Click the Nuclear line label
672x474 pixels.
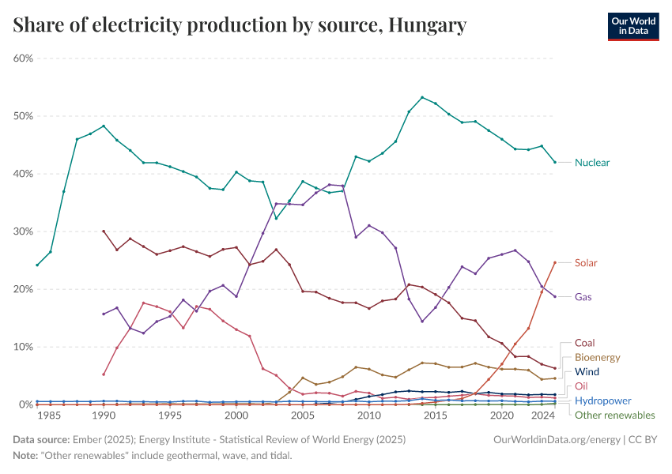tap(591, 163)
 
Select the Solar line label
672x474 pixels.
tap(586, 263)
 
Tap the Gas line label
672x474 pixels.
tap(583, 297)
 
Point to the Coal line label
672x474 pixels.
tap(586, 343)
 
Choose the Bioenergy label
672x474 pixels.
tap(597, 357)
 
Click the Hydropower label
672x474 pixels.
tap(602, 401)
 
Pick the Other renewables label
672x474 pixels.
tap(614, 415)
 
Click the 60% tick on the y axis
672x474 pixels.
tap(22, 58)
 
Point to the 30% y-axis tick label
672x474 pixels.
tap(22, 231)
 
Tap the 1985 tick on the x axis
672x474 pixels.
tap(51, 416)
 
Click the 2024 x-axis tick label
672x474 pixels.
tap(542, 416)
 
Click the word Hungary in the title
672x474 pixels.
tap(428, 26)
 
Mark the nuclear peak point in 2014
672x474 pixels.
tap(422, 97)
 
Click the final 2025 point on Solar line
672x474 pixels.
tap(555, 262)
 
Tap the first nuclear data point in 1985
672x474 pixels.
tap(37, 265)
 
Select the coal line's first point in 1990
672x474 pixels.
tap(104, 231)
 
